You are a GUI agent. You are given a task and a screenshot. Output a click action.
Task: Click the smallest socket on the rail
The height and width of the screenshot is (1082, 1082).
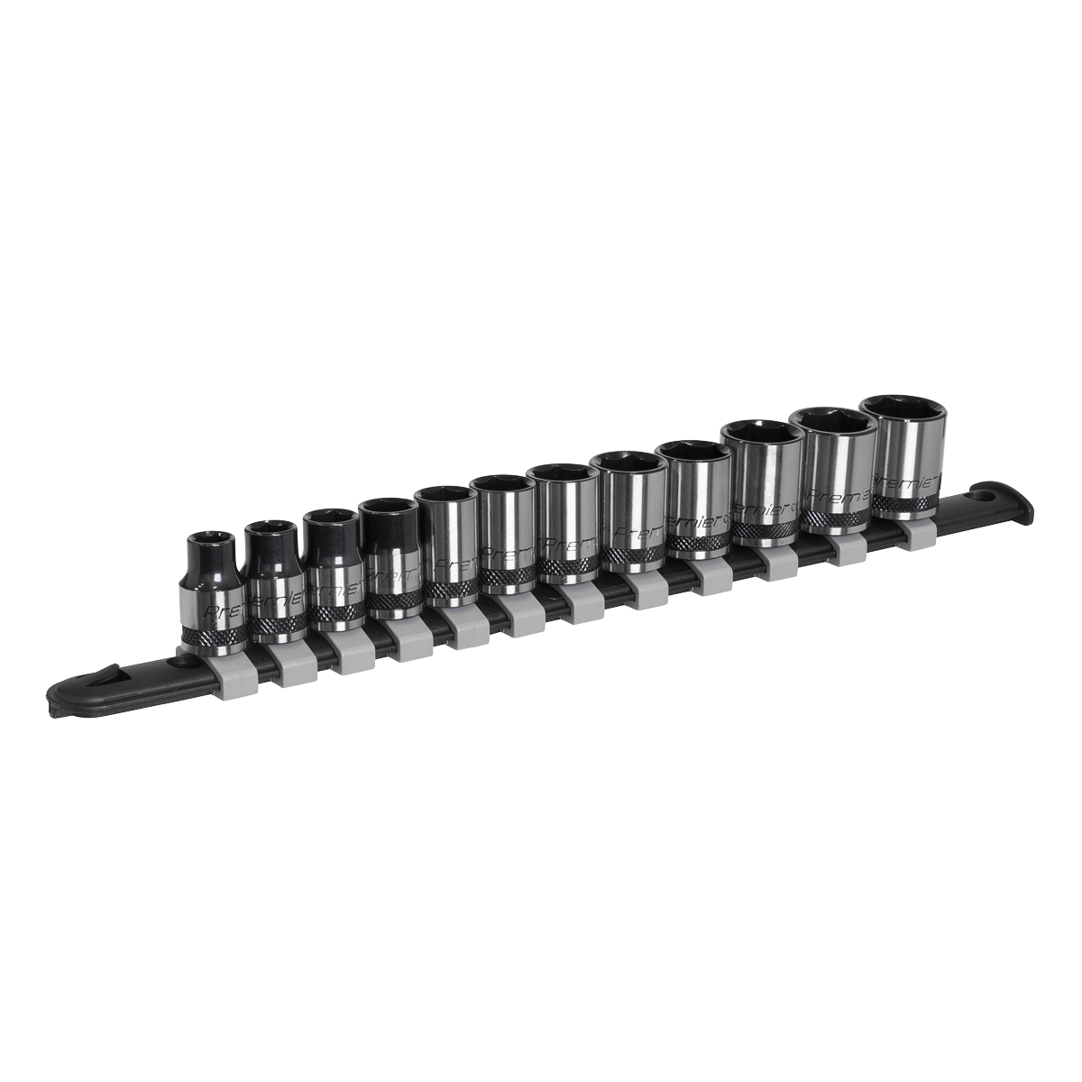click(211, 591)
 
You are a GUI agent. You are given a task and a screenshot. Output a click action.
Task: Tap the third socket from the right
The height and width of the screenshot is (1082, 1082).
click(764, 487)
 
